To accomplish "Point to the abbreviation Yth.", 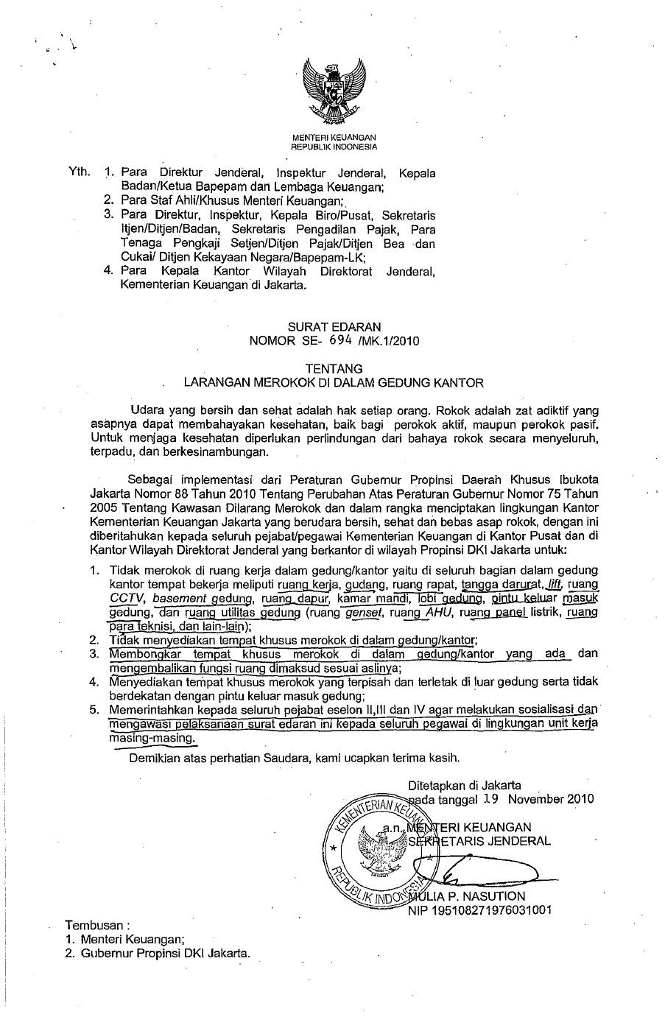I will click(79, 172).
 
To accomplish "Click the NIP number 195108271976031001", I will click(480, 910).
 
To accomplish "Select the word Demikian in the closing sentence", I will click(155, 756).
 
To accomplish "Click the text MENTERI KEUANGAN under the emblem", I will click(334, 138).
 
